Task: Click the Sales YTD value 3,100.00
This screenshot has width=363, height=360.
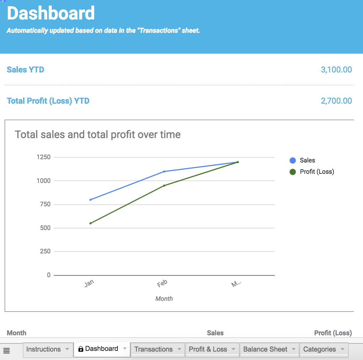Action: pyautogui.click(x=336, y=70)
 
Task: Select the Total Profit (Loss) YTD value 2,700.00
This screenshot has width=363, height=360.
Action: pyautogui.click(x=336, y=101)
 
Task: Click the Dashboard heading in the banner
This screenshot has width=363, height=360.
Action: pyautogui.click(x=51, y=13)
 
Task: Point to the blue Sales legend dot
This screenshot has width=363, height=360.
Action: pyautogui.click(x=293, y=160)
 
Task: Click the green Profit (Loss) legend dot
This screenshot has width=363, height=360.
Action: pyautogui.click(x=293, y=172)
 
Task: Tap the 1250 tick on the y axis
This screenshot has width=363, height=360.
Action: pyautogui.click(x=44, y=157)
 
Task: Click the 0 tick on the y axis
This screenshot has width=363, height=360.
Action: pyautogui.click(x=49, y=275)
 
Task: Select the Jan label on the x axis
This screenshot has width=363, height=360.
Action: pyautogui.click(x=89, y=283)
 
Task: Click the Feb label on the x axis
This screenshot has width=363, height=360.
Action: pyautogui.click(x=162, y=284)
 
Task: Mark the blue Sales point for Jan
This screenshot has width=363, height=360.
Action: pyautogui.click(x=90, y=200)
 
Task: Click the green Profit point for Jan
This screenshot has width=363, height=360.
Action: pyautogui.click(x=90, y=223)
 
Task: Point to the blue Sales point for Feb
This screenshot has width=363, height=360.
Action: pyautogui.click(x=164, y=172)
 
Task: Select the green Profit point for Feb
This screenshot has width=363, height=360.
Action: pyautogui.click(x=164, y=186)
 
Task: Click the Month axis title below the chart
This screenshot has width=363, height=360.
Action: pyautogui.click(x=164, y=299)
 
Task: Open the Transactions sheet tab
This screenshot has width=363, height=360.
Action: pyautogui.click(x=153, y=349)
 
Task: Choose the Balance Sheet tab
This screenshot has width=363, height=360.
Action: pyautogui.click(x=265, y=349)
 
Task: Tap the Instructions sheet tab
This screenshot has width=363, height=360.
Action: pyautogui.click(x=43, y=349)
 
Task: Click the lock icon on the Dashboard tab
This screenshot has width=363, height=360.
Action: pyautogui.click(x=81, y=349)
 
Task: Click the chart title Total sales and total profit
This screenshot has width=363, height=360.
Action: pyautogui.click(x=97, y=135)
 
